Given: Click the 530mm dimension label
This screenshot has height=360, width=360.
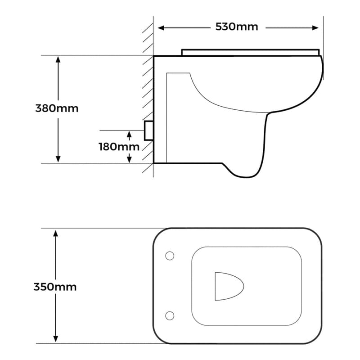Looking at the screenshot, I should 237,27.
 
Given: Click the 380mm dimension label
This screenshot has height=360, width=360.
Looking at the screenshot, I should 57,108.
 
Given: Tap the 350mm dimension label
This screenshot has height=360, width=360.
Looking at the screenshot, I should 55,287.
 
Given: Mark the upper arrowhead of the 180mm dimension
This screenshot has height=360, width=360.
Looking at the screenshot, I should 130,134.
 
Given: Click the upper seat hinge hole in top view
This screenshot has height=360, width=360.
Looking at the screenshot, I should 170,256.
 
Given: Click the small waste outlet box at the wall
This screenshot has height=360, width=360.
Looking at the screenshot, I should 148,130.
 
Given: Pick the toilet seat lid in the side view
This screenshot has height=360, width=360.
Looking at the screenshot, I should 250,52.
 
